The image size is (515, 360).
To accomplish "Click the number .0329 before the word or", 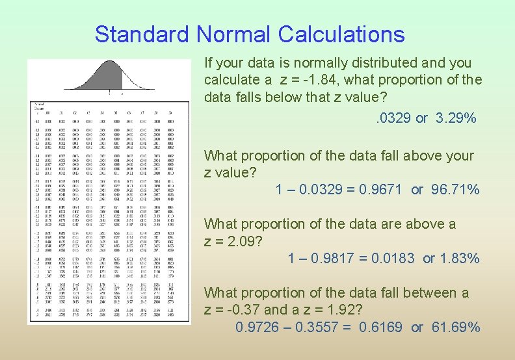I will [x=394, y=118].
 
